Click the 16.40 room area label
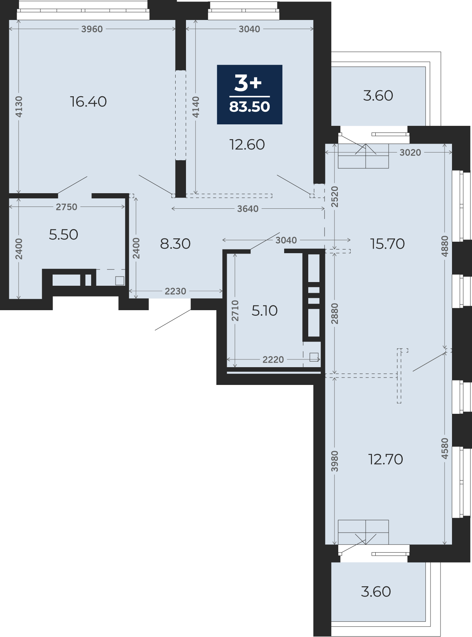point(89,101)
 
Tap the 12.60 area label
point(247,145)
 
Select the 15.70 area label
point(388,244)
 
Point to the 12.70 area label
point(386,459)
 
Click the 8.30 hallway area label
point(175,244)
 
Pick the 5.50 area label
point(63,235)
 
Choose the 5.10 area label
point(265,311)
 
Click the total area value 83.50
point(250,107)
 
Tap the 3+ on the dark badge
point(248,83)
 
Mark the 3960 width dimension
point(92,29)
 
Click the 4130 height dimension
point(19,107)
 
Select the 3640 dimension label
point(248,209)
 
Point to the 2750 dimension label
point(67,207)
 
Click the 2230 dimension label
point(175,291)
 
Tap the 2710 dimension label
point(235,311)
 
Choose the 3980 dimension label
point(335,461)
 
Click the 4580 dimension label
point(445,449)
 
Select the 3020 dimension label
point(410,152)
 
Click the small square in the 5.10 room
point(314,357)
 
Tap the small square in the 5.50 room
point(120,281)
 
